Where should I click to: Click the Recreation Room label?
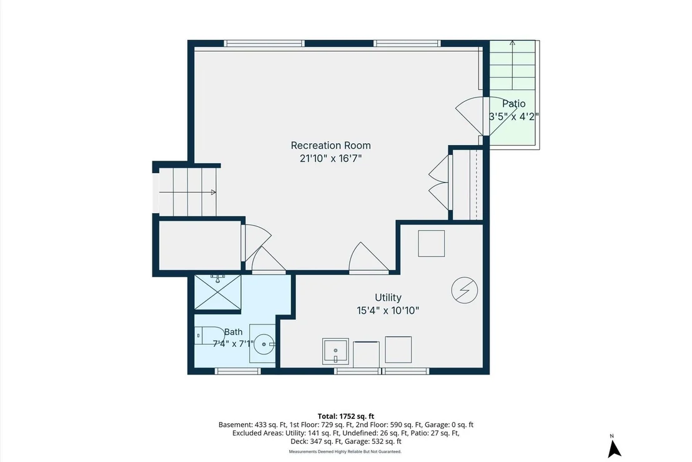330,145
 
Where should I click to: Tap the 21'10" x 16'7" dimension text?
330,159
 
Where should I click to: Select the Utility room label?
388,298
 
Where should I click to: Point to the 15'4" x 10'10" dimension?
388,311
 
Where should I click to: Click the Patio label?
514,104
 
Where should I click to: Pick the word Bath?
233,332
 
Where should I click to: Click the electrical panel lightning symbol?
465,291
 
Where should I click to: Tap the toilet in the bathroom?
209,336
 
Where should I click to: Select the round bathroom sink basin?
264,344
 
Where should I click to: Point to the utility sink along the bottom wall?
335,351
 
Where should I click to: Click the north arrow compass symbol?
613,447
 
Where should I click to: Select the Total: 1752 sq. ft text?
345,416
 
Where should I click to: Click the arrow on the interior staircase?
187,192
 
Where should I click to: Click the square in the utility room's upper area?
431,243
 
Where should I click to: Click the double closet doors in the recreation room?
439,183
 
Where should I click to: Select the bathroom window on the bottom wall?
237,371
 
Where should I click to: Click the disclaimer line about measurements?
345,452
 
